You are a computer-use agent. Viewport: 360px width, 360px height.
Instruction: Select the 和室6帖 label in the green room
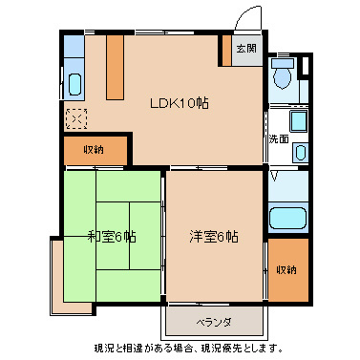click(111, 237)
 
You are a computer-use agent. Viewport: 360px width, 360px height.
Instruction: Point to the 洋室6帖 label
click(212, 237)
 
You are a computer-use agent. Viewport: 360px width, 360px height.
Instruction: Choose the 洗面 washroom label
click(278, 138)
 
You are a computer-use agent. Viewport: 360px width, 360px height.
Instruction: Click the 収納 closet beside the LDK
click(93, 149)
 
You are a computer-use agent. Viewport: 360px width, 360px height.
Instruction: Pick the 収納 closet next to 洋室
click(286, 269)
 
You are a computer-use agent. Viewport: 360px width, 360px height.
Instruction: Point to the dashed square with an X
click(75, 119)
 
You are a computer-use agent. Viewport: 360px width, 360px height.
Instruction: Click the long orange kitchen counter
click(116, 68)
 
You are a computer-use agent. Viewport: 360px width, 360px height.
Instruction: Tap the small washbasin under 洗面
click(300, 151)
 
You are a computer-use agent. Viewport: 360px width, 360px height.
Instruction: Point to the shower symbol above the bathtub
click(276, 178)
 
